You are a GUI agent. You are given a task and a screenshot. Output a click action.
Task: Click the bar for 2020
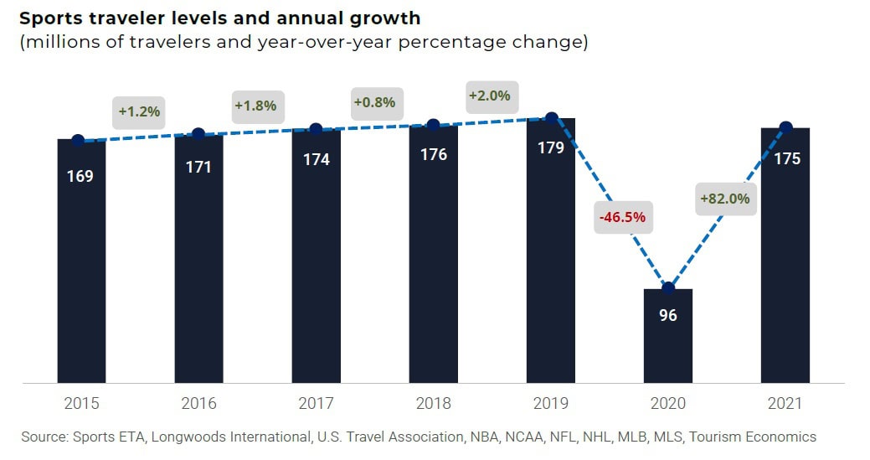click(x=667, y=335)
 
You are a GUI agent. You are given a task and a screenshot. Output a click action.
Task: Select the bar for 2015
click(x=81, y=261)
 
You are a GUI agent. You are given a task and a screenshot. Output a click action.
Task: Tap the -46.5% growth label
click(x=621, y=217)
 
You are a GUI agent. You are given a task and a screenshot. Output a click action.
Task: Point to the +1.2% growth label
click(x=139, y=111)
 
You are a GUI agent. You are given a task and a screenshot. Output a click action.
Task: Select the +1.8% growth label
click(x=255, y=106)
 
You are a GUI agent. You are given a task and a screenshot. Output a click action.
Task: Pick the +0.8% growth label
click(x=373, y=102)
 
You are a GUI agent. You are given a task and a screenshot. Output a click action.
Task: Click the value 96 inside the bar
click(x=667, y=316)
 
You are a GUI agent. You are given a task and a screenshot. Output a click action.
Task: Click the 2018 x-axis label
click(x=433, y=404)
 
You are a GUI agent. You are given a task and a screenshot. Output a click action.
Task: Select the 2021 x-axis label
click(x=785, y=404)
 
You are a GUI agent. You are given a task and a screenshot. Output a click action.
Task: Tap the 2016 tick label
click(x=198, y=404)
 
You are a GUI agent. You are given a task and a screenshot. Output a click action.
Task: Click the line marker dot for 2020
click(x=667, y=288)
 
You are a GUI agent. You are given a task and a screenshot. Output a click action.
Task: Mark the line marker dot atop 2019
click(x=551, y=117)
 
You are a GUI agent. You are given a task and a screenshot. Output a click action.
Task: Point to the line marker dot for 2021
click(x=785, y=127)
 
